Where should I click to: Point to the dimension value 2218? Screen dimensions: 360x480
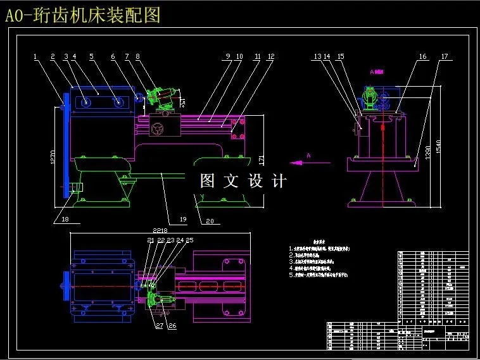pyautogui.click(x=155, y=231)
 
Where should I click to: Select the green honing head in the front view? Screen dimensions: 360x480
pyautogui.click(x=160, y=99)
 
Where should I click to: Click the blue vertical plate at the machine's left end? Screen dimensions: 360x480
pyautogui.click(x=63, y=146)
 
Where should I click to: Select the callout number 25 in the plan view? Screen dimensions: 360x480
pyautogui.click(x=189, y=240)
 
